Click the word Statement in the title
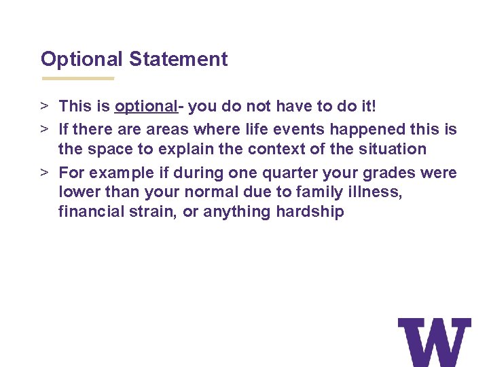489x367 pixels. coord(178,59)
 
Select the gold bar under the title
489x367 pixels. coord(77,78)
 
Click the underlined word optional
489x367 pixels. coord(146,107)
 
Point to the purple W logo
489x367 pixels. coord(434,342)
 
